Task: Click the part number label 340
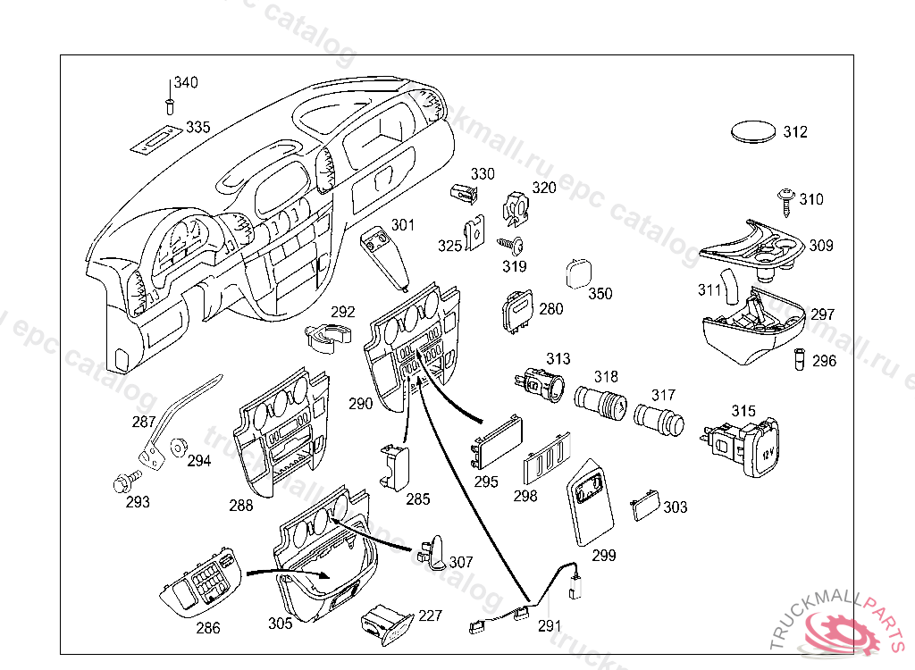click(x=186, y=83)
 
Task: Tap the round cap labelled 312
click(x=753, y=132)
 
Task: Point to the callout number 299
click(x=604, y=556)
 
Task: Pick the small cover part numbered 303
click(x=643, y=507)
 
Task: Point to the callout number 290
click(x=360, y=404)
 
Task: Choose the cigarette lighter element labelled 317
click(x=658, y=420)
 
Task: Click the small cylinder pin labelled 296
click(x=802, y=360)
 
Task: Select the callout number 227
click(x=430, y=616)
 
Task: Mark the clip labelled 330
click(x=460, y=192)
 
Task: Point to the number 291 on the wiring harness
click(x=550, y=626)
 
